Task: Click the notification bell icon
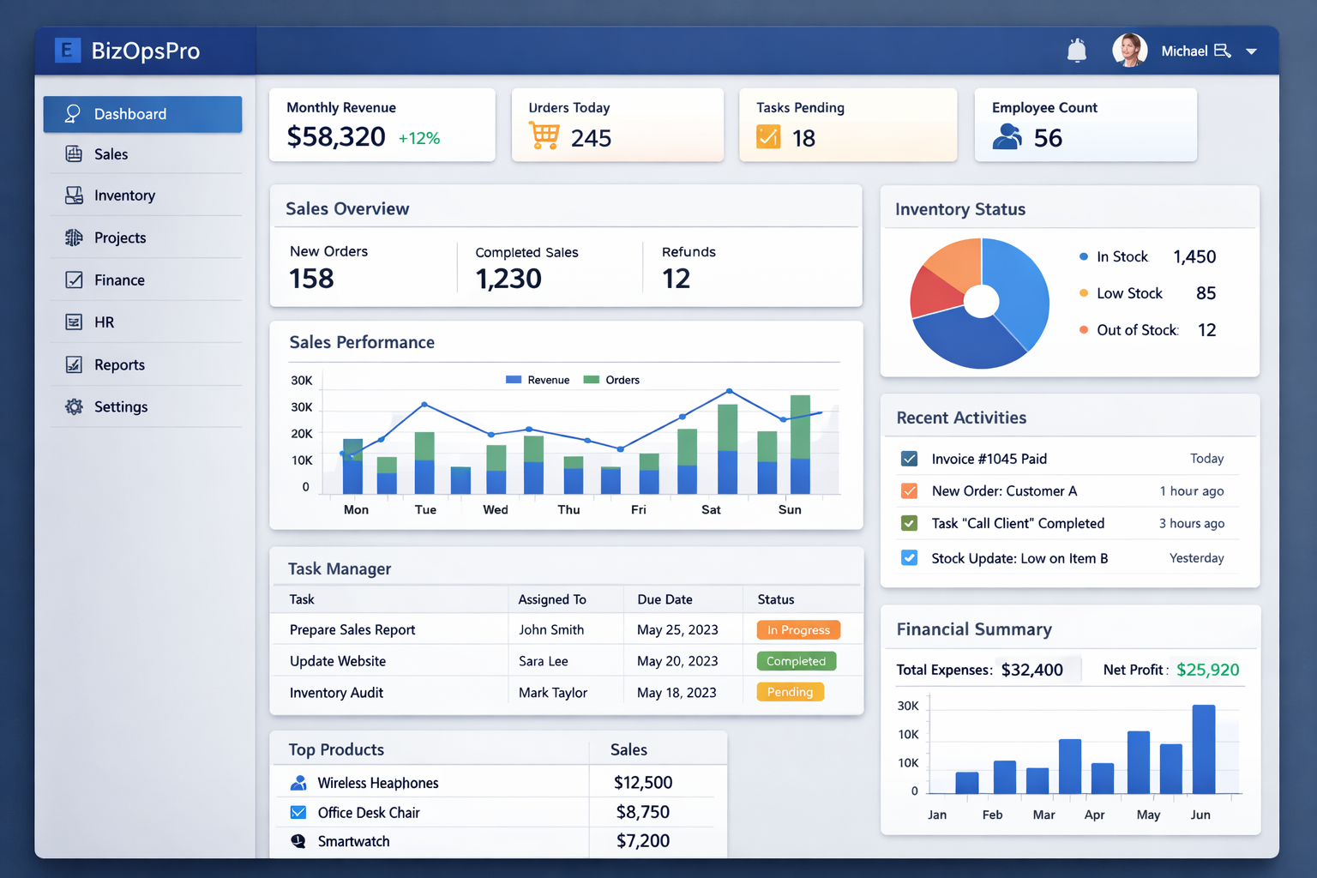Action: coord(1077,51)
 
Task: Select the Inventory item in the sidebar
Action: coord(124,195)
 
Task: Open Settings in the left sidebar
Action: coord(120,407)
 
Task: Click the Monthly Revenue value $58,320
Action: coord(336,137)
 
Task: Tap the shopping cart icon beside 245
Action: coord(544,136)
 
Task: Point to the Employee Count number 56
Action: coord(1048,138)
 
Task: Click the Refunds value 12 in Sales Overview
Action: coord(676,279)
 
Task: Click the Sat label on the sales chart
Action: coord(711,509)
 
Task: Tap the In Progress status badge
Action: coord(798,630)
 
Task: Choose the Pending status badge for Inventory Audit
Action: coord(790,692)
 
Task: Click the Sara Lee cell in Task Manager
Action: coord(544,661)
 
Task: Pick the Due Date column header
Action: coord(665,599)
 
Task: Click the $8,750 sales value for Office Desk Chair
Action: coord(643,812)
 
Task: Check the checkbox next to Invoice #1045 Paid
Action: coord(910,459)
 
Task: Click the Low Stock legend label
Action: coord(1129,293)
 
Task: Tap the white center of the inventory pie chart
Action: coord(982,301)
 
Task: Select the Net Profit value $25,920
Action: coord(1207,670)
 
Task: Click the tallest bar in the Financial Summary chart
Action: coord(1204,749)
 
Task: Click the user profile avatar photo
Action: coord(1129,51)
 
